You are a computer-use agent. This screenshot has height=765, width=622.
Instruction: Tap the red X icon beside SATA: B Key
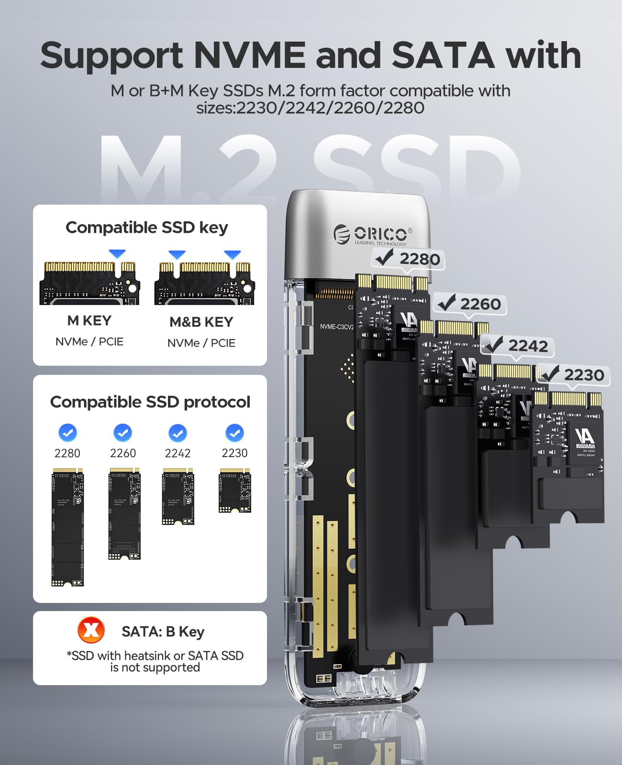pos(91,630)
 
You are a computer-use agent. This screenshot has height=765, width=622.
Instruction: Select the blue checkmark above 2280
pos(67,433)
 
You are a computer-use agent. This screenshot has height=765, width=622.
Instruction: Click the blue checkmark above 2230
pos(234,433)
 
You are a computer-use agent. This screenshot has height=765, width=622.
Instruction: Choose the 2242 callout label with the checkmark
pos(517,345)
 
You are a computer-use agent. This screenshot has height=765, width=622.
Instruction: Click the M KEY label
pos(89,320)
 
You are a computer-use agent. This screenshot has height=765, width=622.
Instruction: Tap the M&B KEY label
pos(201,322)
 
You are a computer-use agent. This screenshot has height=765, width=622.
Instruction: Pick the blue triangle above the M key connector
pos(117,253)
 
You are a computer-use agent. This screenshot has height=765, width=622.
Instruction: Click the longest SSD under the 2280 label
pos(67,527)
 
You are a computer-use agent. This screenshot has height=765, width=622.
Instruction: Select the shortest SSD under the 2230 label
pos(234,490)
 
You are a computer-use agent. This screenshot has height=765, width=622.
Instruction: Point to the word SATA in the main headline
pos(443,55)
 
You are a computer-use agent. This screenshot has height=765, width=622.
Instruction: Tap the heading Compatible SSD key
pos(147,228)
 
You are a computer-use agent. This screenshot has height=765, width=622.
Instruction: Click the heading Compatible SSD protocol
pos(150,402)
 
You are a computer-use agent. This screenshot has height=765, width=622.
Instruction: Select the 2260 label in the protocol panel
pos(123,453)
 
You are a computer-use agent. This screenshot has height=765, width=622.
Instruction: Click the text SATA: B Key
pos(163,632)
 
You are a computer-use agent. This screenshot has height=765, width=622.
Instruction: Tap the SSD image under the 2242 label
pos(178,496)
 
